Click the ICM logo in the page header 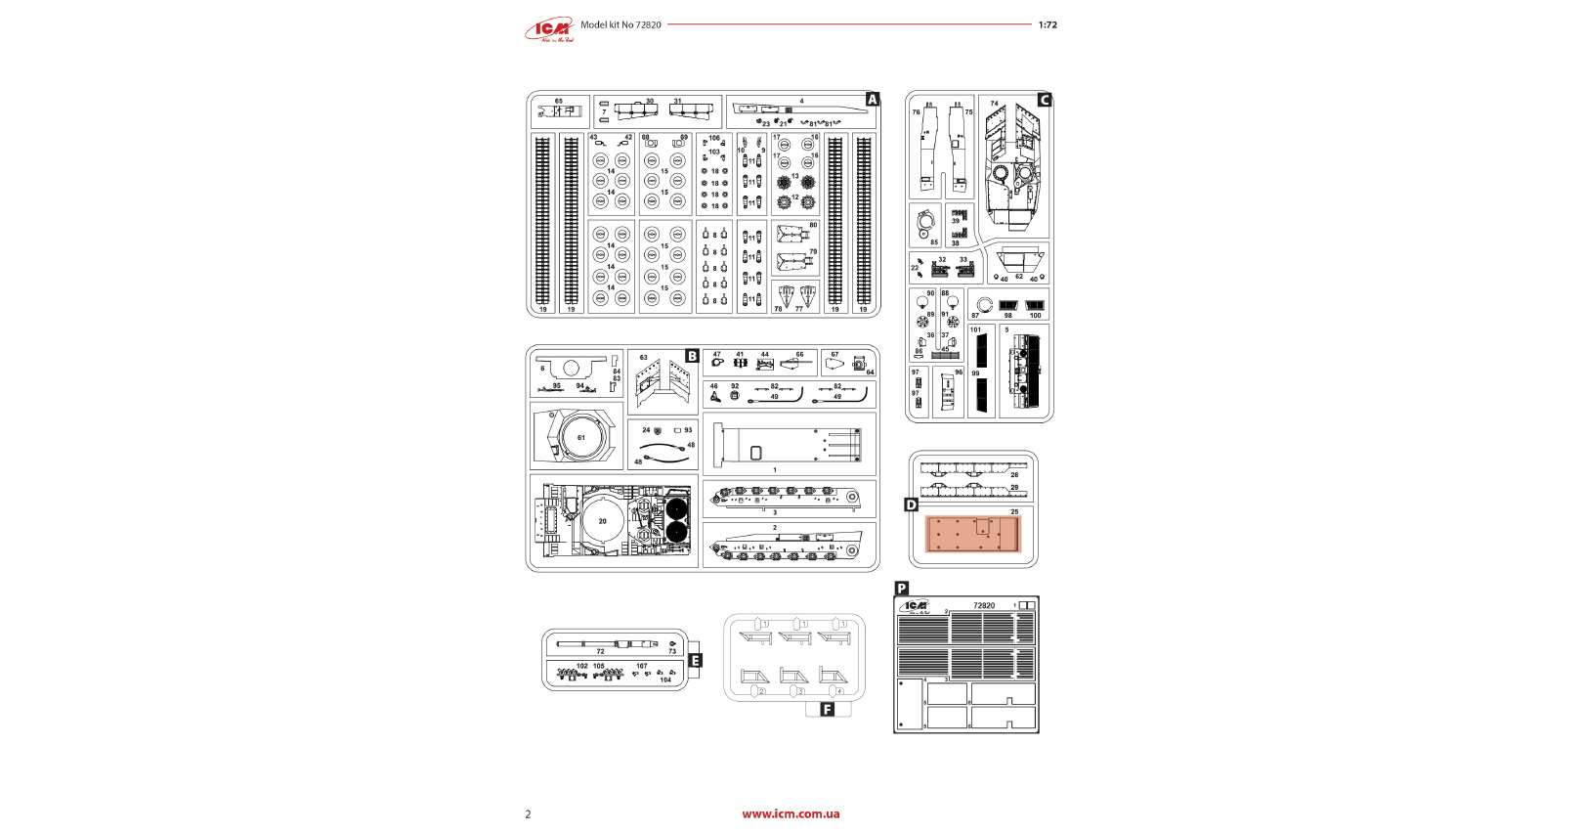550,30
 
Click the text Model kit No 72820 620,25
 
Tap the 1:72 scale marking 1048,25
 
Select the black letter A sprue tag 873,100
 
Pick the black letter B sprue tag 692,357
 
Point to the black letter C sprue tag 1044,100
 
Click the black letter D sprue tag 911,505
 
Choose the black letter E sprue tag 696,661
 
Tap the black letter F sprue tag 828,710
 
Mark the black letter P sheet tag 902,589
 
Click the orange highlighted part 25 973,535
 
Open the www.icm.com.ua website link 791,813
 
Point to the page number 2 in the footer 529,814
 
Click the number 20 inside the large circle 602,521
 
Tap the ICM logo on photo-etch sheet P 916,606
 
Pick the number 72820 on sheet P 983,606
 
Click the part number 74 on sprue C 994,104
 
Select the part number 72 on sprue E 600,651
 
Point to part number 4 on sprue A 801,102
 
